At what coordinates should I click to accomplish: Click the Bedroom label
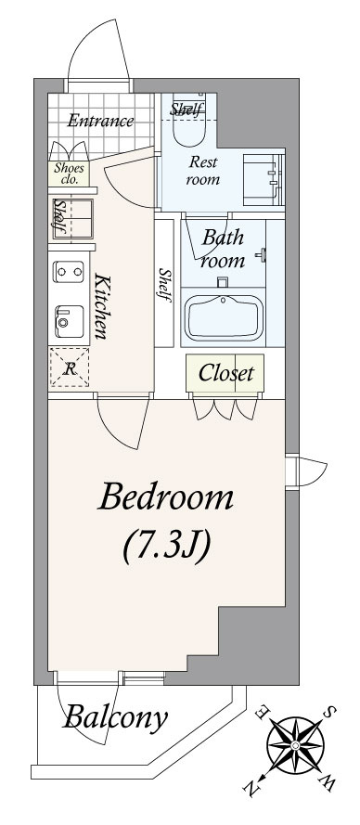165,497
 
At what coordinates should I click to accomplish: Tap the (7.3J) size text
166,547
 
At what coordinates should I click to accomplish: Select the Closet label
225,373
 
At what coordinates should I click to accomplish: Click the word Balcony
115,717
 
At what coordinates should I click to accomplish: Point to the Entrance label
100,121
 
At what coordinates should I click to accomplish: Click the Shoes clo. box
69,174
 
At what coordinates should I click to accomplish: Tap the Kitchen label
101,305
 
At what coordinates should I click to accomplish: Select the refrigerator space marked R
69,367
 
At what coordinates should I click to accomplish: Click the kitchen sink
70,321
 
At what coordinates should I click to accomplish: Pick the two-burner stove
69,272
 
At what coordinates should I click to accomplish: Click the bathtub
225,317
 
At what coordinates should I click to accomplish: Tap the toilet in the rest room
188,126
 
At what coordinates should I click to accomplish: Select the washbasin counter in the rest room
263,180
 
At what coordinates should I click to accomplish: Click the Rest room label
203,171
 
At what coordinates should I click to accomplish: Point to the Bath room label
224,249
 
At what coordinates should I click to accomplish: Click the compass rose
295,745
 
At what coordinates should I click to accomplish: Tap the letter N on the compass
251,788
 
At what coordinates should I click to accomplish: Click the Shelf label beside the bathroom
165,285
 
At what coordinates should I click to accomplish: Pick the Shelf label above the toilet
186,110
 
